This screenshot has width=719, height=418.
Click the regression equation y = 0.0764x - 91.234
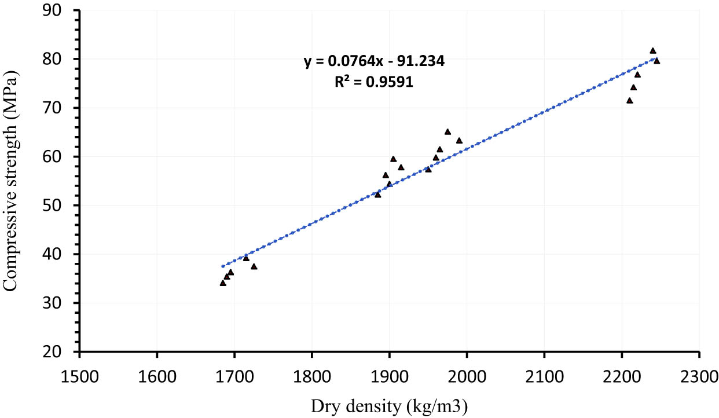(x=374, y=62)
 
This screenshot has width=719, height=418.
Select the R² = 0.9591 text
(x=374, y=82)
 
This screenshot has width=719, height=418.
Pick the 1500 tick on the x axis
(x=79, y=371)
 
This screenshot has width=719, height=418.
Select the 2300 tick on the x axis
(x=699, y=371)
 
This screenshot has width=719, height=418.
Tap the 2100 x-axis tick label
(x=544, y=371)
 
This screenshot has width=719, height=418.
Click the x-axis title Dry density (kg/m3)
(x=389, y=406)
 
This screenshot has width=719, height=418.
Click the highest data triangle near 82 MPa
(x=652, y=51)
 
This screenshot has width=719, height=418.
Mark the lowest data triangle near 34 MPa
(x=223, y=283)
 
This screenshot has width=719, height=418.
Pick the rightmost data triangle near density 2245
(x=656, y=61)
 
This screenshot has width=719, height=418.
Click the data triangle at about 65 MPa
(x=447, y=132)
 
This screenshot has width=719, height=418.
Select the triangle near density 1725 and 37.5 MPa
(x=254, y=267)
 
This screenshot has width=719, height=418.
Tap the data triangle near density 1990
(x=459, y=141)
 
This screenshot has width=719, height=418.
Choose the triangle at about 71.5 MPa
(x=629, y=101)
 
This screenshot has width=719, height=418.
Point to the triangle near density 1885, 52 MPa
(x=377, y=195)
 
